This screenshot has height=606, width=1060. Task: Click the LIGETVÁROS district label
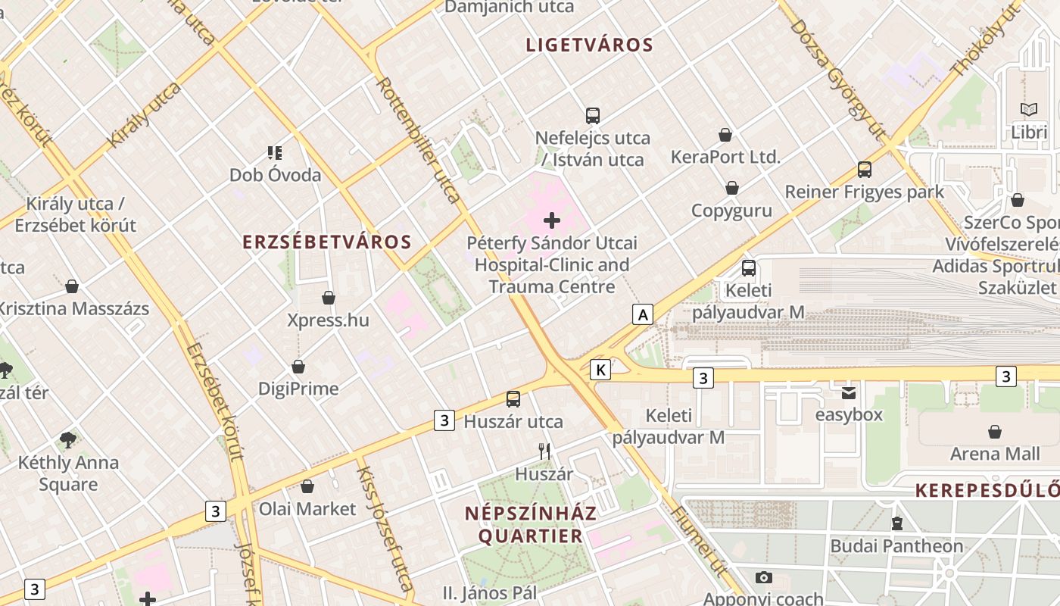pos(590,45)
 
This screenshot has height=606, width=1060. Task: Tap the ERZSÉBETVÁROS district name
pos(327,242)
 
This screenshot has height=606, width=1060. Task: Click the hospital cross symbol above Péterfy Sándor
pos(552,220)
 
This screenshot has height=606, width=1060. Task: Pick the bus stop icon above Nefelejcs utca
pos(593,116)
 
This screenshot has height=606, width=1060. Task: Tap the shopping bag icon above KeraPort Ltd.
pos(725,135)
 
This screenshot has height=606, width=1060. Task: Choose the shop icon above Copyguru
pos(732,188)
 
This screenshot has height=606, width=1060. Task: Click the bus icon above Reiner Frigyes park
pos(865,170)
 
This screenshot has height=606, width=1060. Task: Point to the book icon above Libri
pos(1029,110)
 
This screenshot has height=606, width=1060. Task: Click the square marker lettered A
pos(643,314)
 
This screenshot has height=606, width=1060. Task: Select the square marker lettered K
pos(600,370)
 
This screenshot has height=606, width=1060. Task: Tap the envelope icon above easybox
pos(849,392)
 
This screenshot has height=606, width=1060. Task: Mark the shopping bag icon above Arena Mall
pos(995,432)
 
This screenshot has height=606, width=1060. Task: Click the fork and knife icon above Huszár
pos(544,451)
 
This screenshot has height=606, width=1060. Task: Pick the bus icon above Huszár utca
pos(513,399)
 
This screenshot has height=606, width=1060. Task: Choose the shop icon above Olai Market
pos(307,486)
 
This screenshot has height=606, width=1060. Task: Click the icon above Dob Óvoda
pos(275,153)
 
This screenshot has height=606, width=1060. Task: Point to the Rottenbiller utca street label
pos(419,140)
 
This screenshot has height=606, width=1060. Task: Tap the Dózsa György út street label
pos(837,80)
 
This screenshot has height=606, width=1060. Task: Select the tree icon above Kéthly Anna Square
pos(68,440)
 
